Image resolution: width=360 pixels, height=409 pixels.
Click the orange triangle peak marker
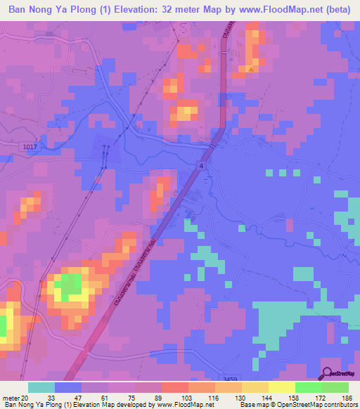250,69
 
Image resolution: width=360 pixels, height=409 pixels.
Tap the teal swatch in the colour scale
41,387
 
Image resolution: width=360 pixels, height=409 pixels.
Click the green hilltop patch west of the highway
69,286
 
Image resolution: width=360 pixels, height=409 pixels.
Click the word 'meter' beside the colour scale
10,398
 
